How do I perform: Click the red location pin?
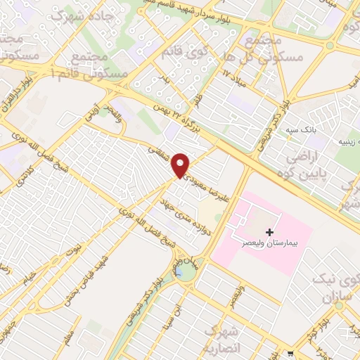(x=181, y=165)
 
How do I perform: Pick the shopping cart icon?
(x=291, y=353)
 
